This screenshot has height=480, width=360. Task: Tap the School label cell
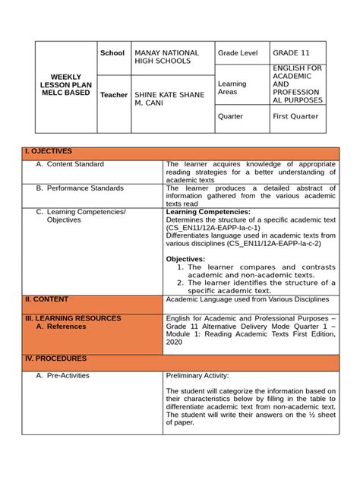tap(112, 53)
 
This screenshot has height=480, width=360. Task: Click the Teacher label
tap(114, 95)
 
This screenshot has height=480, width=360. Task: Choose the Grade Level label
tap(238, 53)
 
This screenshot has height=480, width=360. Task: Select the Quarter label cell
tap(231, 117)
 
